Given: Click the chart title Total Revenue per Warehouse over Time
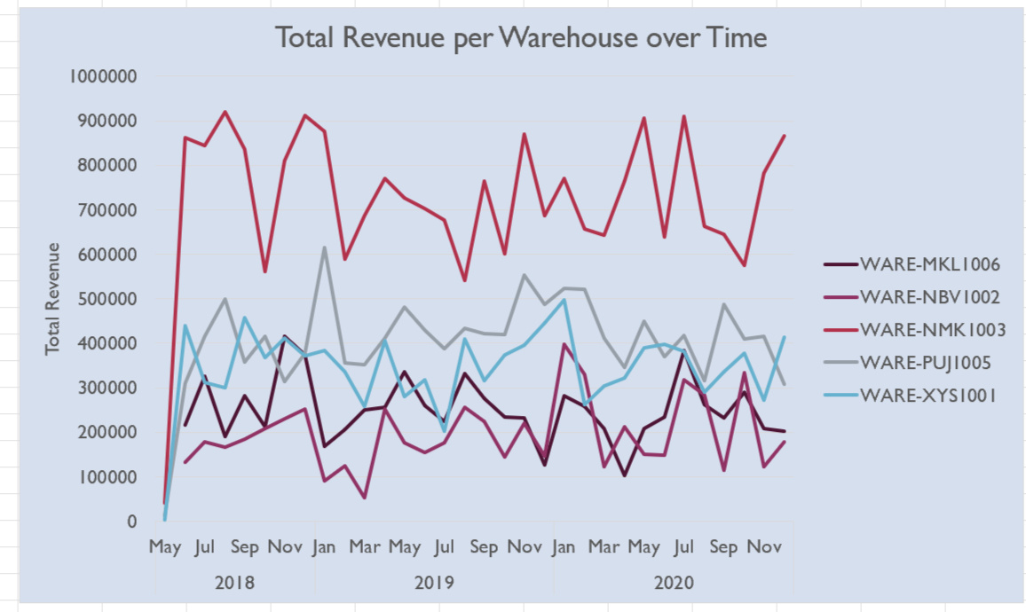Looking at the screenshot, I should [x=520, y=38].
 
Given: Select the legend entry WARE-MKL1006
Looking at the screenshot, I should [x=931, y=263].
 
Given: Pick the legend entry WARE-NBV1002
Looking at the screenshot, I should [x=931, y=296].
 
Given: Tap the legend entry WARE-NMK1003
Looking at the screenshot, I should [x=932, y=329].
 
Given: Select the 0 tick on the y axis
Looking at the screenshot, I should [x=131, y=522].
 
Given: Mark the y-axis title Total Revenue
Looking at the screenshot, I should [x=53, y=299].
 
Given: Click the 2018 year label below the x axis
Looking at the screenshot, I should [x=234, y=584].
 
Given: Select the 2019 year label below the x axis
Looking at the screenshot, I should [x=434, y=584].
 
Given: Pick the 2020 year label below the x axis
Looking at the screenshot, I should [x=673, y=584].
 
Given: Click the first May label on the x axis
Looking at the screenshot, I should [x=165, y=547].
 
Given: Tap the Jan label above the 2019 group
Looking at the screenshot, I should [x=324, y=547].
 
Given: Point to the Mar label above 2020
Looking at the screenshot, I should [x=604, y=547].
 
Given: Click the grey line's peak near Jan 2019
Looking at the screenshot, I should [x=324, y=247].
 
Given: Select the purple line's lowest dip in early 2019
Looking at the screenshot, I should [x=364, y=498].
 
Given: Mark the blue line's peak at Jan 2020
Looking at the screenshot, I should [x=564, y=300].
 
